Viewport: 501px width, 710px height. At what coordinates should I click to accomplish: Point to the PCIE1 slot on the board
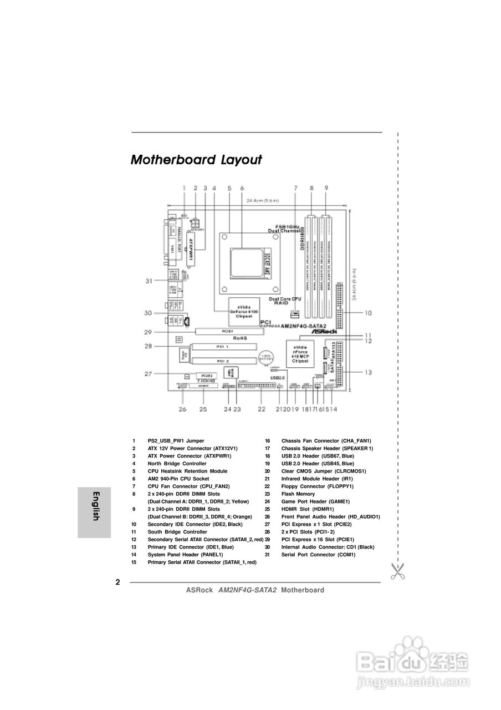pyautogui.click(x=227, y=332)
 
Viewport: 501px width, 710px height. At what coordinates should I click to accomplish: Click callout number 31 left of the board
pyautogui.click(x=149, y=281)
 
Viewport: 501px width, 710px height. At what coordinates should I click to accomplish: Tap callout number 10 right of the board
pyautogui.click(x=367, y=313)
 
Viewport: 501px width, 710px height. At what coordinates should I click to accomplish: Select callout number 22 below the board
pyautogui.click(x=262, y=409)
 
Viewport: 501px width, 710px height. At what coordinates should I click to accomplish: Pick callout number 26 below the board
pyautogui.click(x=182, y=409)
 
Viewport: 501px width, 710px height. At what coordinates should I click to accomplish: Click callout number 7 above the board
pyautogui.click(x=295, y=188)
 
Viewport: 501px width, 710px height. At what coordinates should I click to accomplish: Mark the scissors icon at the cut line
pyautogui.click(x=397, y=571)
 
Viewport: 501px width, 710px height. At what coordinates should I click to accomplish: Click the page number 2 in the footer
pyautogui.click(x=117, y=582)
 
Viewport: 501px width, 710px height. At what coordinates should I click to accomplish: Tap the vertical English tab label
pyautogui.click(x=95, y=506)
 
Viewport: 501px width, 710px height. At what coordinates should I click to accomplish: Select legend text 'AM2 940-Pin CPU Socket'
pyautogui.click(x=178, y=479)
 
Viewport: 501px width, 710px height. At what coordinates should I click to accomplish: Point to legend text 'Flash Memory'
pyautogui.click(x=298, y=494)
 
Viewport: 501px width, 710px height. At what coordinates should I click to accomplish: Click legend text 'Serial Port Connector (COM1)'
pyautogui.click(x=318, y=555)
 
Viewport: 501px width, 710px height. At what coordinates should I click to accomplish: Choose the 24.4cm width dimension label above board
pyautogui.click(x=263, y=201)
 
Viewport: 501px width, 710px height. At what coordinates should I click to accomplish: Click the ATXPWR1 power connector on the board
pyautogui.click(x=191, y=250)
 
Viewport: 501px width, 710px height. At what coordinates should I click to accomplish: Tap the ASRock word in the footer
pyautogui.click(x=200, y=590)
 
